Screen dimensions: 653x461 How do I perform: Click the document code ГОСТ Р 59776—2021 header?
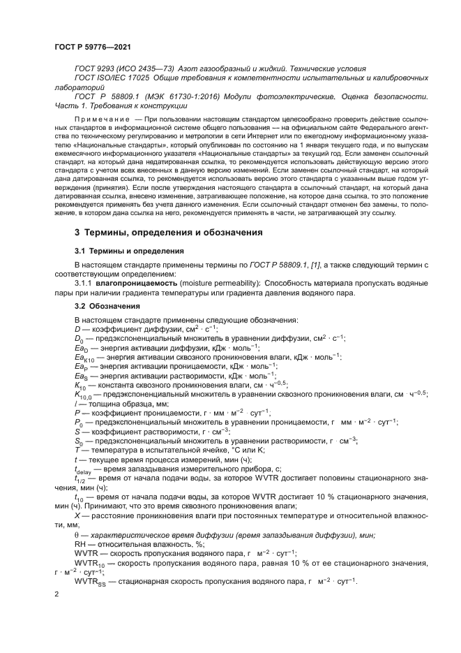point(92,47)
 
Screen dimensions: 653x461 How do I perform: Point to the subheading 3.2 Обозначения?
point(107,306)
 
